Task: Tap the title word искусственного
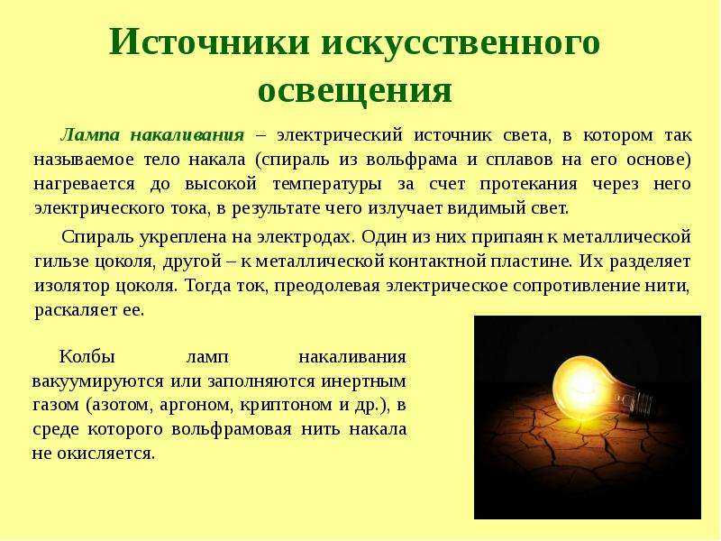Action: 461,43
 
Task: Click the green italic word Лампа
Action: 89,135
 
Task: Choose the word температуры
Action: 327,185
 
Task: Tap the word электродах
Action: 306,237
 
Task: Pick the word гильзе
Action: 61,261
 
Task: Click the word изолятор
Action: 71,286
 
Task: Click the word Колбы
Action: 87,356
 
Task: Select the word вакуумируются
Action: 97,381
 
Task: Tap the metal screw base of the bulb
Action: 641,403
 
